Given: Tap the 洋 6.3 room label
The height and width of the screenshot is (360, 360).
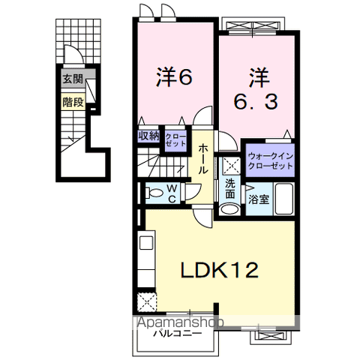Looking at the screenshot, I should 257,89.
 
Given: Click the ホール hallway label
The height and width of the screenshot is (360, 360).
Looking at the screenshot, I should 203,159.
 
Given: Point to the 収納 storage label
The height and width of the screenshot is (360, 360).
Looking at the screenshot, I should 148,136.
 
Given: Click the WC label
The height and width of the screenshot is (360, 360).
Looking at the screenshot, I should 172,194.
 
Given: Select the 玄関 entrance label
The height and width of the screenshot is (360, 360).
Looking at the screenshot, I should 72,79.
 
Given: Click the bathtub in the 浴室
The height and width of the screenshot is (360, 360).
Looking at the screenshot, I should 285,199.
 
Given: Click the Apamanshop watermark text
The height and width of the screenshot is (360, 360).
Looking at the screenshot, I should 180,323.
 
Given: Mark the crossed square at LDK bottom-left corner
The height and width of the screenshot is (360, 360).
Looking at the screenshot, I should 145,302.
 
